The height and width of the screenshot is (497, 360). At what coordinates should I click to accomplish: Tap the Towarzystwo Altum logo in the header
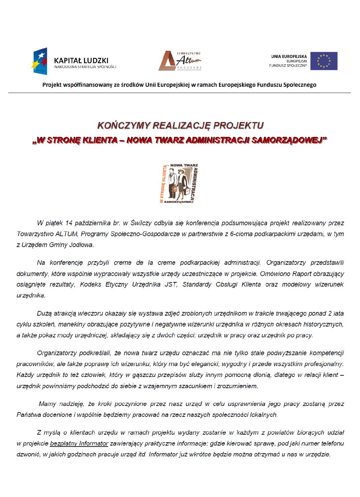(x=180, y=61)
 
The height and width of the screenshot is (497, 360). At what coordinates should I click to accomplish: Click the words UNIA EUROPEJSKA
(x=289, y=56)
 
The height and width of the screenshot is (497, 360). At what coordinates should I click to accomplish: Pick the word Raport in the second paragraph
(x=303, y=274)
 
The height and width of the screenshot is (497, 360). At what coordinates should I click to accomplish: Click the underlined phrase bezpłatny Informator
(x=79, y=444)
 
